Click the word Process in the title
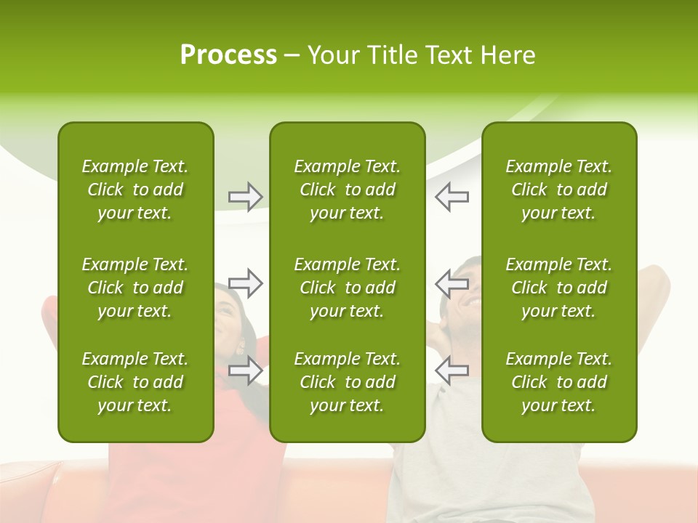pos(228,55)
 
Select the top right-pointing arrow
pos(246,197)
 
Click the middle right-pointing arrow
pos(246,283)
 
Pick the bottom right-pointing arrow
pos(246,370)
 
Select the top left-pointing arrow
pos(452,197)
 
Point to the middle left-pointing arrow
pos(452,283)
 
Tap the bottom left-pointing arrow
pos(452,370)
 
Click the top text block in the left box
pos(135,190)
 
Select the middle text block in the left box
pos(135,288)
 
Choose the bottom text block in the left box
pos(135,382)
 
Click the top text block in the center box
pos(347,190)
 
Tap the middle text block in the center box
pos(347,288)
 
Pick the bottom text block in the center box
pos(347,382)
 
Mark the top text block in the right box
pos(558,190)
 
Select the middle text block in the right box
pos(558,288)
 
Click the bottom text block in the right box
pos(558,382)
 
